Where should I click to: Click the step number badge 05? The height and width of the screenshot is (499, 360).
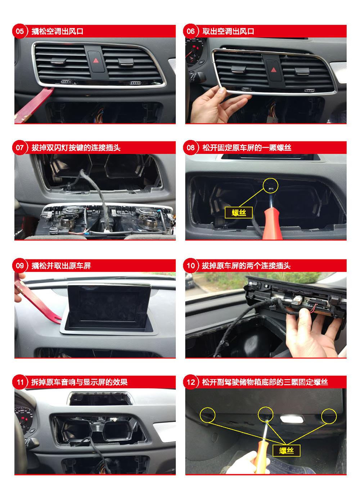pos(19,31)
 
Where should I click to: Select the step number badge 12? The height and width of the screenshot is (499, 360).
pos(190,382)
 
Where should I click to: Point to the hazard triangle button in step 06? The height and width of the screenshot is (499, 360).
pos(274,70)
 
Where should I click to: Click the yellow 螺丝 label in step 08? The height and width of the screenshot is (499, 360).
pos(239,213)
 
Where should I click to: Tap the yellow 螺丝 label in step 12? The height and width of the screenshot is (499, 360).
pos(286,451)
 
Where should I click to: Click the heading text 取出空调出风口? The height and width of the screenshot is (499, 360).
pos(228,31)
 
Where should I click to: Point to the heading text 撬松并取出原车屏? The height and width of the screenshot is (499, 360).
pos(61,266)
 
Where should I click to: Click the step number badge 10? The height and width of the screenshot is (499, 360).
pos(190,265)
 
